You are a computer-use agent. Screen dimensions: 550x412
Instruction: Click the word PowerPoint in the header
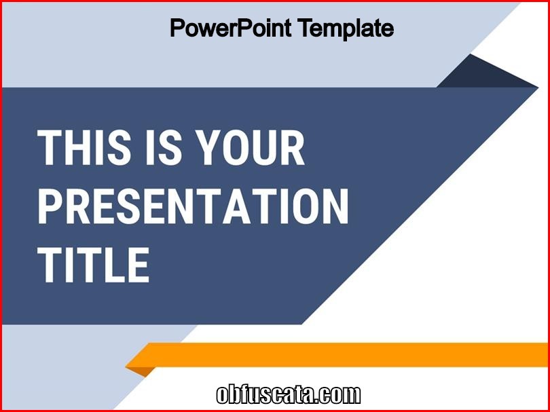click(230, 28)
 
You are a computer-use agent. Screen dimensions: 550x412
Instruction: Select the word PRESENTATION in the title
click(193, 206)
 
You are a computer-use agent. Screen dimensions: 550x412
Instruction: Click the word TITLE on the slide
click(93, 265)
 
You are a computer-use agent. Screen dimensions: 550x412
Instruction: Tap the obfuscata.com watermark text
click(289, 395)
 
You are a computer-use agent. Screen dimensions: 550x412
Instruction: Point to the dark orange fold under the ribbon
click(142, 371)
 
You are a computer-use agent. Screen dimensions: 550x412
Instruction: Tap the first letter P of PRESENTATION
click(51, 206)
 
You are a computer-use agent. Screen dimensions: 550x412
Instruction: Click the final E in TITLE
click(139, 265)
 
